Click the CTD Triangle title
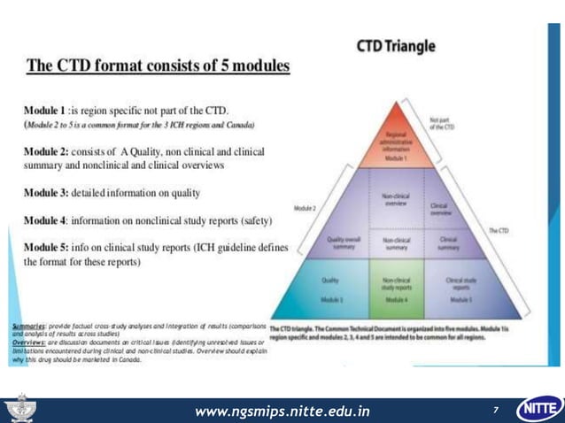pyautogui.click(x=396, y=46)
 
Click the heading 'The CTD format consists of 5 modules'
pyautogui.click(x=159, y=65)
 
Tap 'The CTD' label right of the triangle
pyautogui.click(x=501, y=230)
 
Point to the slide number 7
pyautogui.click(x=496, y=410)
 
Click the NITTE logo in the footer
pyautogui.click(x=538, y=408)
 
